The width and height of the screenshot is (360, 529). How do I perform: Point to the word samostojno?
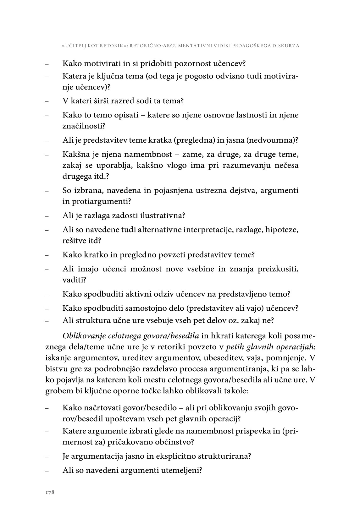[x=142, y=308]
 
